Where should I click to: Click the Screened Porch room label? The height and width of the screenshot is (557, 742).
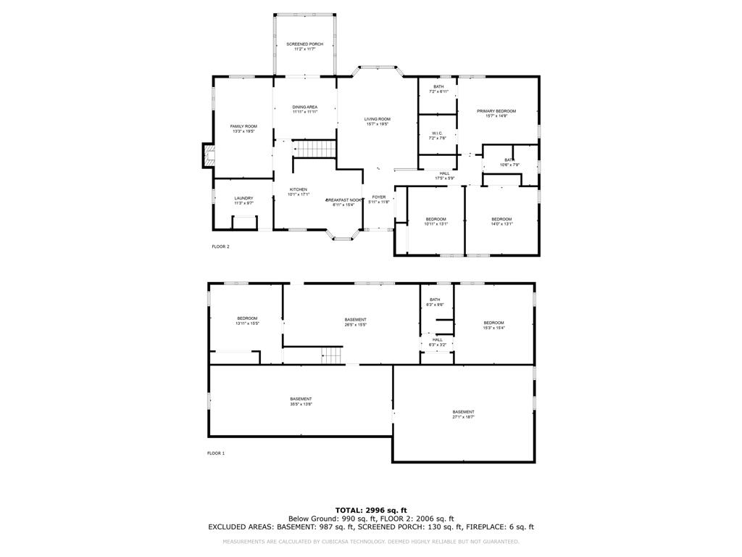click(304, 44)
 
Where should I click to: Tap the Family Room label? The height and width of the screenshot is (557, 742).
click(243, 126)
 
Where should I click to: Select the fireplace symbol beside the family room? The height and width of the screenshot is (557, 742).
click(208, 154)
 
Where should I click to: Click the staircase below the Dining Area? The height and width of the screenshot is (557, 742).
click(314, 149)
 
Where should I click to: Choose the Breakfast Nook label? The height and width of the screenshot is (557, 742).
click(343, 199)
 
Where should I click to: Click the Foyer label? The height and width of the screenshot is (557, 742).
click(379, 197)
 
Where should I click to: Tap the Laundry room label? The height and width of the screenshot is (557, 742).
click(243, 198)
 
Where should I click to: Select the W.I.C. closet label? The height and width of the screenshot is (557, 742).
click(437, 133)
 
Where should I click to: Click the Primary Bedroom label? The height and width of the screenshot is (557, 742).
click(496, 111)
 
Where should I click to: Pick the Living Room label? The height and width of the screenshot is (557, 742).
click(377, 119)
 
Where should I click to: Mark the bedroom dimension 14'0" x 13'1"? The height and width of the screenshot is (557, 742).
click(501, 224)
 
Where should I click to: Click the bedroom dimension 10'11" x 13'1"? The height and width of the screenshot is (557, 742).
click(435, 224)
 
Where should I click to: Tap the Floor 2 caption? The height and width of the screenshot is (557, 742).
click(220, 247)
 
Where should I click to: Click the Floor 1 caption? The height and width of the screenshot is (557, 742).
click(216, 453)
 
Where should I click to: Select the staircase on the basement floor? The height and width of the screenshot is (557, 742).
click(331, 355)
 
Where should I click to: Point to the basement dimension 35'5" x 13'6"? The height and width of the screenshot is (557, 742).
click(301, 404)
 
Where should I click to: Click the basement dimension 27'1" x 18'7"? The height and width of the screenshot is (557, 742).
click(463, 417)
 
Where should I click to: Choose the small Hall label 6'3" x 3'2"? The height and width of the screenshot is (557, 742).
click(437, 344)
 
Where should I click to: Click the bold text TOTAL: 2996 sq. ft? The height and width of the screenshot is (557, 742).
click(371, 510)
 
